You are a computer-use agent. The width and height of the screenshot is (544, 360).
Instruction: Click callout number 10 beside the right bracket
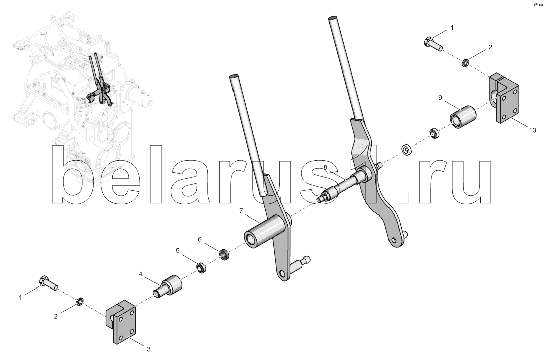pos(532,130)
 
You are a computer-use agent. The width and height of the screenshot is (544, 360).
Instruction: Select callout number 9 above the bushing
pos(440,98)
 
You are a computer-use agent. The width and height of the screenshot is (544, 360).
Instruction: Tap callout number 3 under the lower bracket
pos(149,349)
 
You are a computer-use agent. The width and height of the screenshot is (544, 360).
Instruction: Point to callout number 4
pos(140,274)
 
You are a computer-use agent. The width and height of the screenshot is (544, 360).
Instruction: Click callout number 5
pos(178,251)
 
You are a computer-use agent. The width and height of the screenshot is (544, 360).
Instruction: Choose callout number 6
pos(199,239)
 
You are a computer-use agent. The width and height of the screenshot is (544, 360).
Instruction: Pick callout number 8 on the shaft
pos(325,167)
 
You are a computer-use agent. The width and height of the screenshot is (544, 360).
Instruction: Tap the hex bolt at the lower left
pos(47,282)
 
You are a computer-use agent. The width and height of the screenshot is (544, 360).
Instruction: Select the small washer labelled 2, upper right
pos(465,63)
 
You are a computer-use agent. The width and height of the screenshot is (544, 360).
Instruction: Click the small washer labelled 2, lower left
pos(80,301)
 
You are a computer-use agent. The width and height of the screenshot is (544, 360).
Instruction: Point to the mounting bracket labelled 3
pos(120,321)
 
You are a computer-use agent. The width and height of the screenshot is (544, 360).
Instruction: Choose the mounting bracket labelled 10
pos(504,98)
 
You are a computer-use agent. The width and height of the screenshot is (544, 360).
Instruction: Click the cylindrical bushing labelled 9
pos(463,117)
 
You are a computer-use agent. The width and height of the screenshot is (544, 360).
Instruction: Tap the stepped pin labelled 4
pos(168,286)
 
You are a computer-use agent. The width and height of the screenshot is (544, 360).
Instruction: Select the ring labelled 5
pos(201,268)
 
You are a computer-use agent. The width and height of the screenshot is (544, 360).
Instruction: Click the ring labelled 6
pos(225,255)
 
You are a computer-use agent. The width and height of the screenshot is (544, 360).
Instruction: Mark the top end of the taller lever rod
pos(332,17)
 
